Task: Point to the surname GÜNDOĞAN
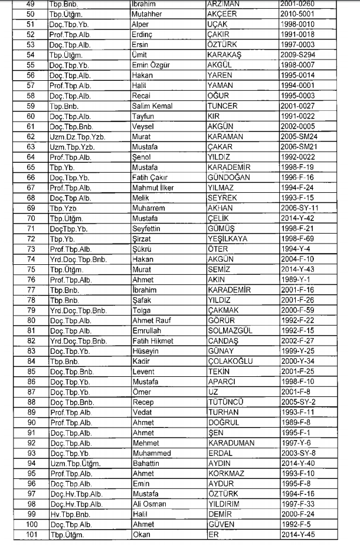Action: pyautogui.click(x=228, y=177)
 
